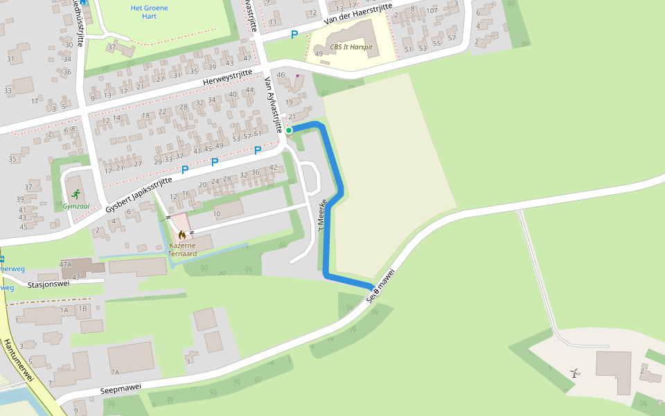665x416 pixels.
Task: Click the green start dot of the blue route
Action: pyautogui.click(x=289, y=130)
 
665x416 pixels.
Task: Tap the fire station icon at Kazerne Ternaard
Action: pyautogui.click(x=182, y=235)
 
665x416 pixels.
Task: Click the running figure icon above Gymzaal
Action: pyautogui.click(x=76, y=194)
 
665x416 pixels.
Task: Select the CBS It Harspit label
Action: pyautogui.click(x=351, y=47)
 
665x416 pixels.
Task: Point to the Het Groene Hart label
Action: pyautogui.click(x=149, y=12)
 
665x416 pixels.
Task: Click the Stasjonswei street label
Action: pyautogui.click(x=48, y=284)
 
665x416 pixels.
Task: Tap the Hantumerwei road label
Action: pyautogui.click(x=18, y=361)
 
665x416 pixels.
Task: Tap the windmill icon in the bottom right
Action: pyautogui.click(x=574, y=373)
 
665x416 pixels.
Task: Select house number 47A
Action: pyautogui.click(x=66, y=265)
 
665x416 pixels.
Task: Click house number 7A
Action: pyautogui.click(x=115, y=372)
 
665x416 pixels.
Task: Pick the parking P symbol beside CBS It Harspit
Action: pyautogui.click(x=294, y=35)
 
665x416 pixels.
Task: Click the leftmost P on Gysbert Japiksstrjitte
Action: pyautogui.click(x=185, y=170)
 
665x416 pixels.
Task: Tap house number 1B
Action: pyautogui.click(x=84, y=309)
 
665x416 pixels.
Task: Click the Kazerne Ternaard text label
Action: pyautogui.click(x=182, y=250)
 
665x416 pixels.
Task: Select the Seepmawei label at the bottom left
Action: pyautogui.click(x=121, y=387)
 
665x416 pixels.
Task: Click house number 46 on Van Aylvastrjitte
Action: pyautogui.click(x=281, y=75)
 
